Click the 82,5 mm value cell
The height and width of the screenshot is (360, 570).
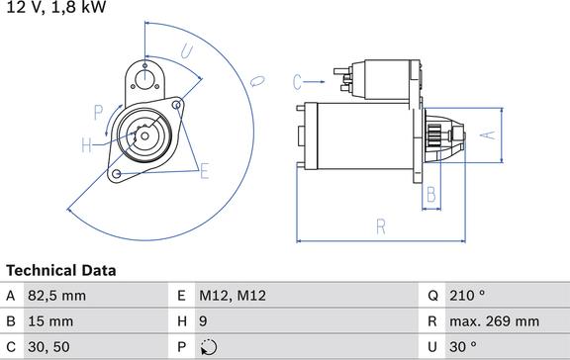coord(57,296)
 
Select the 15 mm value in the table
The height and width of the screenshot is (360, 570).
coord(50,321)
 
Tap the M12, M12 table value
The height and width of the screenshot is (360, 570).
coord(233,296)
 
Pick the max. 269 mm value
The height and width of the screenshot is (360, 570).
coord(495,321)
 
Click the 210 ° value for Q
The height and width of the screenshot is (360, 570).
coord(467,296)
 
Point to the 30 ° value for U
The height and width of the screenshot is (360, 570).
coord(463,347)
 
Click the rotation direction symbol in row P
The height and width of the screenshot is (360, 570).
coord(209,347)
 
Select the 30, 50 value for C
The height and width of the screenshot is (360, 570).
coord(48,347)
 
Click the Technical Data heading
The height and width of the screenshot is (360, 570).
coord(61,271)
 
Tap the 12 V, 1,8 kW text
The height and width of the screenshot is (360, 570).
coord(56,7)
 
